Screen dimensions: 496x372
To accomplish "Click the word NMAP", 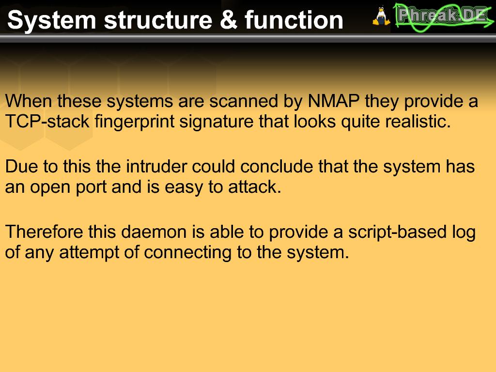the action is (334, 101).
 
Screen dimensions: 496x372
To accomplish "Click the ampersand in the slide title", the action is (229, 19).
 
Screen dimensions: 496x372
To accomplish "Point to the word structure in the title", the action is (158, 20).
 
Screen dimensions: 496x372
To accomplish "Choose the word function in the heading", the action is (294, 19).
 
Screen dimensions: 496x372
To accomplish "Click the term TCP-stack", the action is (47, 122).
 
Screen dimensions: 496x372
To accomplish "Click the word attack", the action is (255, 187).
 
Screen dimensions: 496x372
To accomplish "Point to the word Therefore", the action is (44, 232).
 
